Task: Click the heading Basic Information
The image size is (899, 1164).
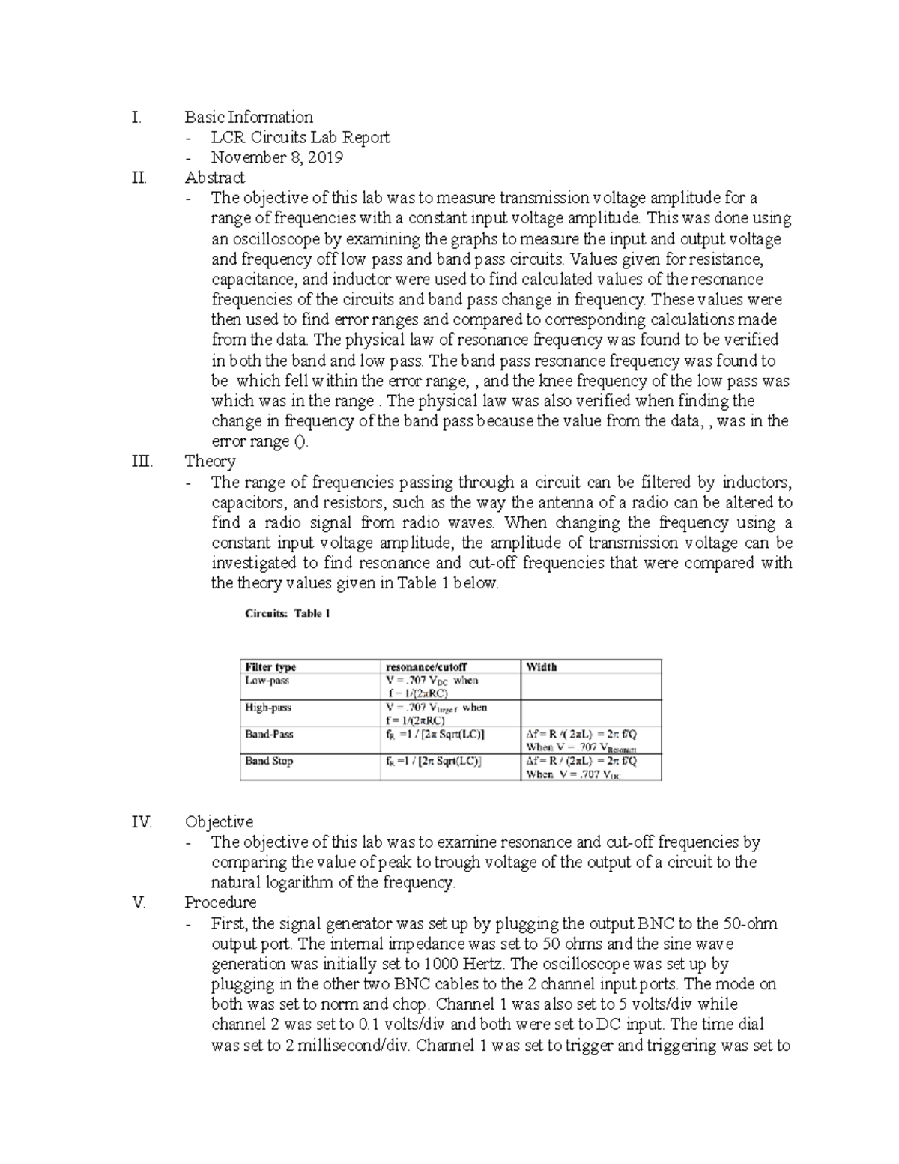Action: pos(249,117)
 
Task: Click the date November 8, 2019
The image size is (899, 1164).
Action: pos(276,157)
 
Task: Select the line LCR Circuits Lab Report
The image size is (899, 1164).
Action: pos(300,137)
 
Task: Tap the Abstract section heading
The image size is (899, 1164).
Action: pos(214,178)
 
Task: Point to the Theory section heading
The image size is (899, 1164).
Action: pos(210,461)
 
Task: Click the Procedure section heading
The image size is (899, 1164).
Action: pos(220,902)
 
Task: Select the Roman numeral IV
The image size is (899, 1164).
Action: pos(141,822)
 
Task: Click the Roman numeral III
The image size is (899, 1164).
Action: pos(142,461)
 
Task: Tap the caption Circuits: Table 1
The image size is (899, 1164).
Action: pos(288,613)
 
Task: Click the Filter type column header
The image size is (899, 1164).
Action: pos(270,667)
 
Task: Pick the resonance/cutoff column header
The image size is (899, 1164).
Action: pos(426,667)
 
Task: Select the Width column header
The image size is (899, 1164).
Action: pos(541,667)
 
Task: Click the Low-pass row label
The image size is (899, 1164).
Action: pos(267,681)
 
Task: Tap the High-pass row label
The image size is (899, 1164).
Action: pos(268,708)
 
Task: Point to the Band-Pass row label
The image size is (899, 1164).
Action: pos(269,735)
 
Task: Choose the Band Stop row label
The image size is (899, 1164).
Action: pos(269,761)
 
